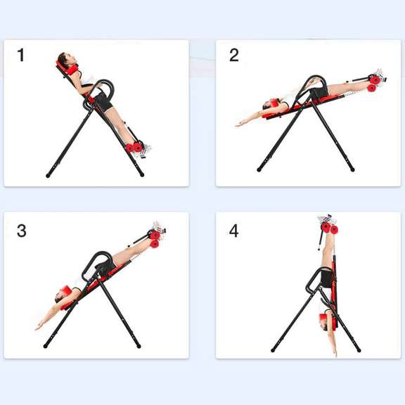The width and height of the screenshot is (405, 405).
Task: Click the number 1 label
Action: [21, 55]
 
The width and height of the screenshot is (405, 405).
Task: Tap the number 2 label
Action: [234, 56]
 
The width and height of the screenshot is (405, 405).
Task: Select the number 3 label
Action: [22, 230]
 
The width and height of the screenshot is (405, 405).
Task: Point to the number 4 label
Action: [234, 230]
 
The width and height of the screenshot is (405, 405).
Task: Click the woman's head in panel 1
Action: [66, 59]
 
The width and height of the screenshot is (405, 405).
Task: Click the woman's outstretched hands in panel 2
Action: [239, 124]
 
